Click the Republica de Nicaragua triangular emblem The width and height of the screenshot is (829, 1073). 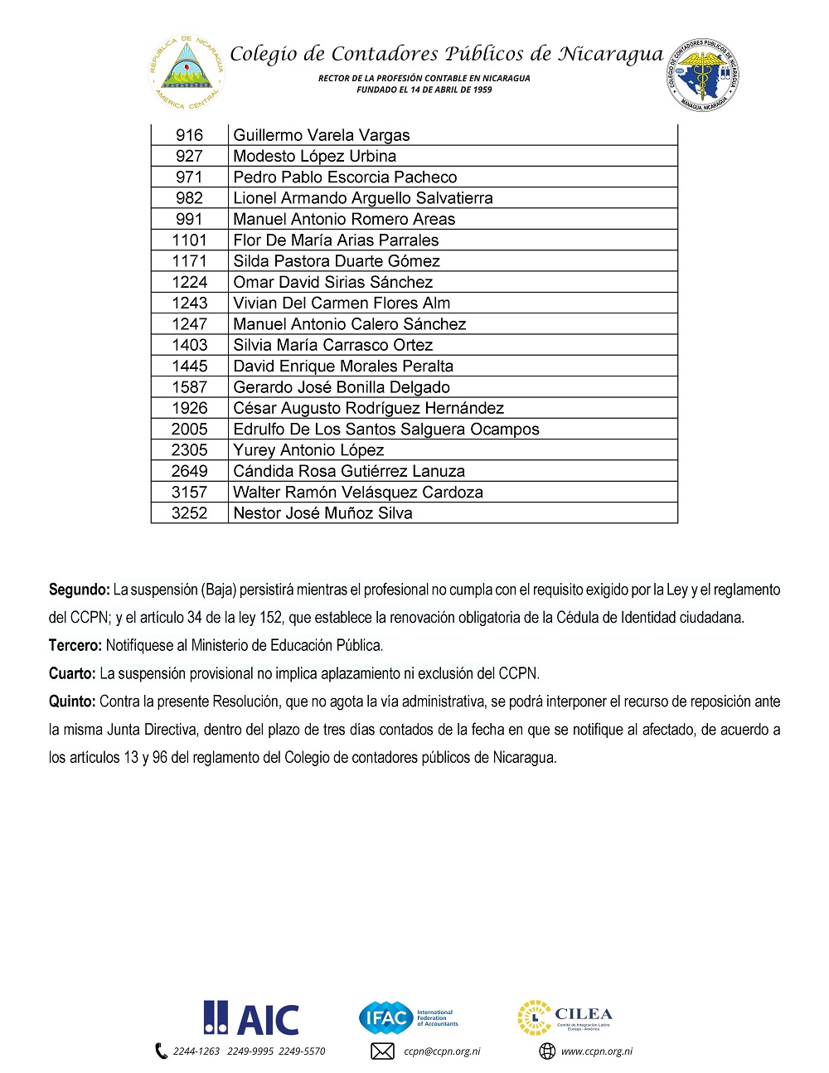tap(187, 72)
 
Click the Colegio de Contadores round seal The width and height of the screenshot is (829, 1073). tap(703, 74)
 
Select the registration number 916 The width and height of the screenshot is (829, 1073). tap(189, 135)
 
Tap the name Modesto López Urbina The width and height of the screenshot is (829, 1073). tap(314, 156)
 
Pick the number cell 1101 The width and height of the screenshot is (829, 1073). tap(189, 240)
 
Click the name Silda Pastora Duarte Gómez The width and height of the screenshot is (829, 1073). tap(336, 261)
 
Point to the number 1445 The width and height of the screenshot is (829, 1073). tap(189, 366)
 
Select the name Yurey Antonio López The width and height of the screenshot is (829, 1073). tap(308, 450)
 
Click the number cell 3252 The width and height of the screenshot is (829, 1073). tap(189, 513)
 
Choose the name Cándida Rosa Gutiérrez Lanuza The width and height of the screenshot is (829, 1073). tap(349, 471)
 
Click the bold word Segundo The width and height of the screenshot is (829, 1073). tap(79, 590)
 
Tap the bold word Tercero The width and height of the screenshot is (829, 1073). tap(75, 645)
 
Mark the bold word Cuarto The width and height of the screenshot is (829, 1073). tap(72, 673)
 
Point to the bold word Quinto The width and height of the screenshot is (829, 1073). tap(72, 702)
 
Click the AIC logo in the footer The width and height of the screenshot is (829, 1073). tap(251, 1018)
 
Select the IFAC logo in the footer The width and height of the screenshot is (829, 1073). tap(408, 1017)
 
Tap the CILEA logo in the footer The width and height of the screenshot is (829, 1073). tap(565, 1017)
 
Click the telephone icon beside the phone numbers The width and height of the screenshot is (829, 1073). tap(162, 1051)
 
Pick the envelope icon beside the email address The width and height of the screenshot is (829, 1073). tap(382, 1051)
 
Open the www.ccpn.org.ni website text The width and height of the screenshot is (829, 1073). tap(596, 1051)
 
